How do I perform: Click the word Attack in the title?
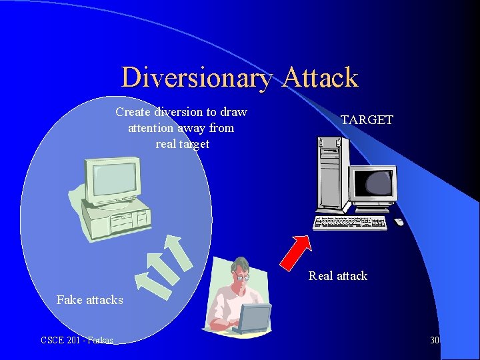(x=320, y=78)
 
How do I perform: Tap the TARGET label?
(x=367, y=120)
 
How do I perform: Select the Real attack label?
(x=338, y=276)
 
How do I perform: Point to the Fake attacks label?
(x=90, y=300)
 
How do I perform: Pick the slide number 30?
(x=435, y=341)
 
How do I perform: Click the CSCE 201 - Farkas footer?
(x=77, y=341)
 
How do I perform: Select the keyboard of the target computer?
(x=351, y=223)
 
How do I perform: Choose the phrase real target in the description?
(x=182, y=143)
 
